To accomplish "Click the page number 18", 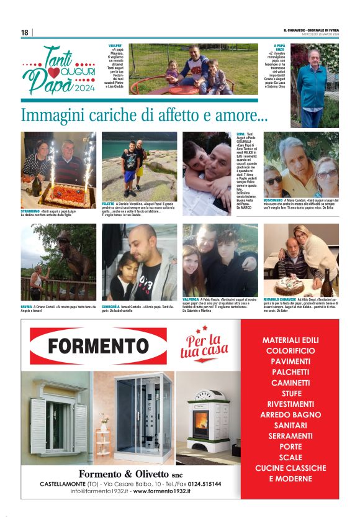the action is (x=25, y=32).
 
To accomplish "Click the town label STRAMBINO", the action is (x=31, y=211).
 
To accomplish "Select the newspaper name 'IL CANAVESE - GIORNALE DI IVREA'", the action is (x=311, y=30).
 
